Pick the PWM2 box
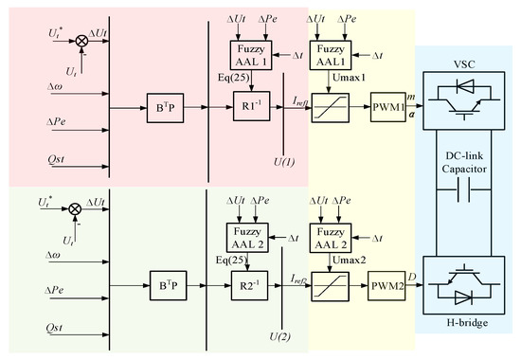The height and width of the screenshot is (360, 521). point(387,282)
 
